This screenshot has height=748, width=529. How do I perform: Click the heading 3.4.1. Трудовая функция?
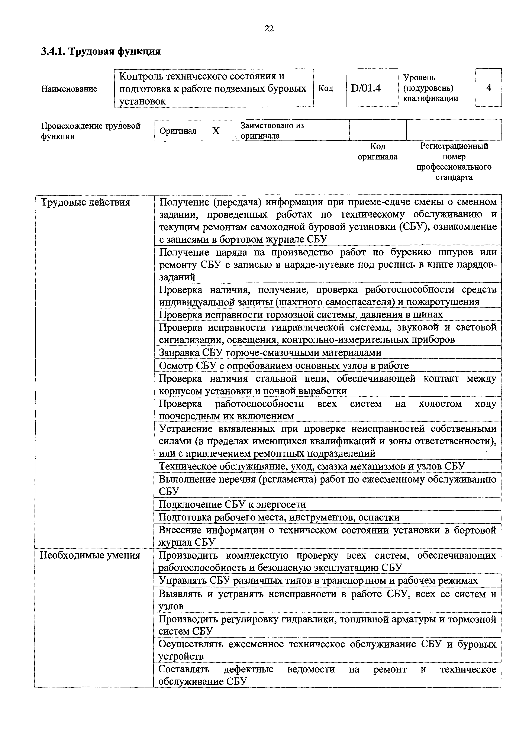[x=101, y=51]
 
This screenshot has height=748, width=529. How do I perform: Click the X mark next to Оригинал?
[x=216, y=131]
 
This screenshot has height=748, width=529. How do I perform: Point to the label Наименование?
[x=69, y=89]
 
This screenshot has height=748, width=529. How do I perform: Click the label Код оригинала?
[x=378, y=151]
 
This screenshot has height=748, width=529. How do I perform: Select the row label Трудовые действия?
[x=85, y=202]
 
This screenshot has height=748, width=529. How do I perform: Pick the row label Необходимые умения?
[x=90, y=555]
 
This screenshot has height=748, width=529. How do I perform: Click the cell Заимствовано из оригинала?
[x=272, y=130]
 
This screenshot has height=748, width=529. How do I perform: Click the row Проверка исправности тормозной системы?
[x=301, y=314]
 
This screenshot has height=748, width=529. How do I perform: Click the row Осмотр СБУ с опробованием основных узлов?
[x=284, y=365]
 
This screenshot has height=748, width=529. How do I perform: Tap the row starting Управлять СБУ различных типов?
[x=318, y=581]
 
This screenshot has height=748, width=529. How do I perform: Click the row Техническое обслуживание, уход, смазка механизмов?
[x=311, y=466]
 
